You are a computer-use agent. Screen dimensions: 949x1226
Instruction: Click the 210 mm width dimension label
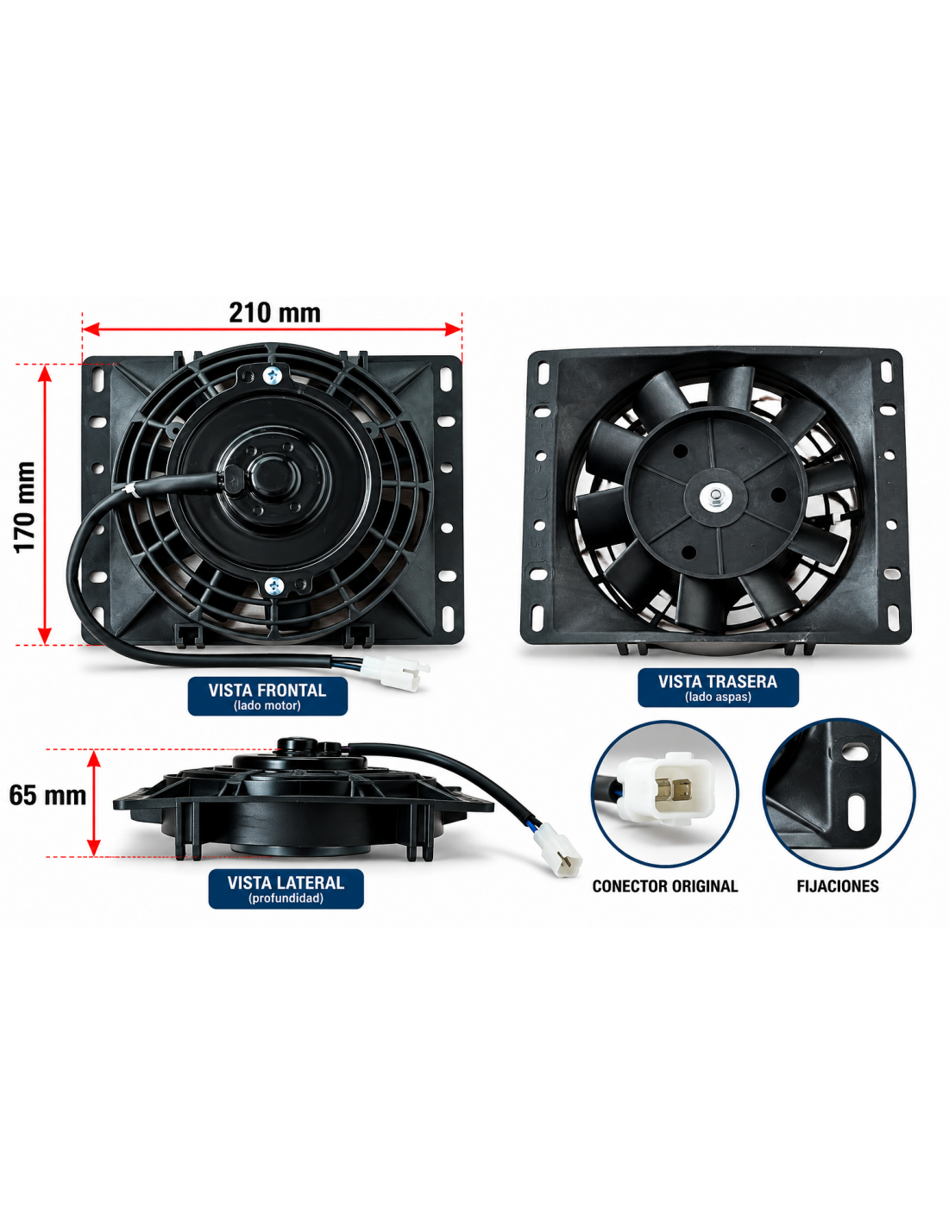(x=274, y=313)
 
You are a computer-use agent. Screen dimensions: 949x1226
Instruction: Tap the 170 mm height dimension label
(x=25, y=507)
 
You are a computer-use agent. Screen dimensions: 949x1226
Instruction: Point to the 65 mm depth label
(x=47, y=796)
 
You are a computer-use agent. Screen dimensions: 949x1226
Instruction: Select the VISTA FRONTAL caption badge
(x=267, y=697)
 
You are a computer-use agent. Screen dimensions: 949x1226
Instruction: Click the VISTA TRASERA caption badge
(x=718, y=687)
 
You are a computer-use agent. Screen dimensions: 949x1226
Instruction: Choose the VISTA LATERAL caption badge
(x=286, y=889)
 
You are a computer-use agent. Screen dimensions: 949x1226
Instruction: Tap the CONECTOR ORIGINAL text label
(x=665, y=886)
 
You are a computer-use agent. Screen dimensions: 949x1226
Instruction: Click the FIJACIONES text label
(x=838, y=886)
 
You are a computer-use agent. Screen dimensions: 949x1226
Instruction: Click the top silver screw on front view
(x=273, y=373)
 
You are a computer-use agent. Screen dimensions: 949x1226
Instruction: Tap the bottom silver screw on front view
(x=273, y=586)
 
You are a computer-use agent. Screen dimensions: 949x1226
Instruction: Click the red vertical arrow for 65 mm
(x=94, y=803)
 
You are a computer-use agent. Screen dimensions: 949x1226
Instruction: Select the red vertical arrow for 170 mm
(x=45, y=504)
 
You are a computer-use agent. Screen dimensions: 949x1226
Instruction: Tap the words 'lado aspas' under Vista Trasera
(x=718, y=697)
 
